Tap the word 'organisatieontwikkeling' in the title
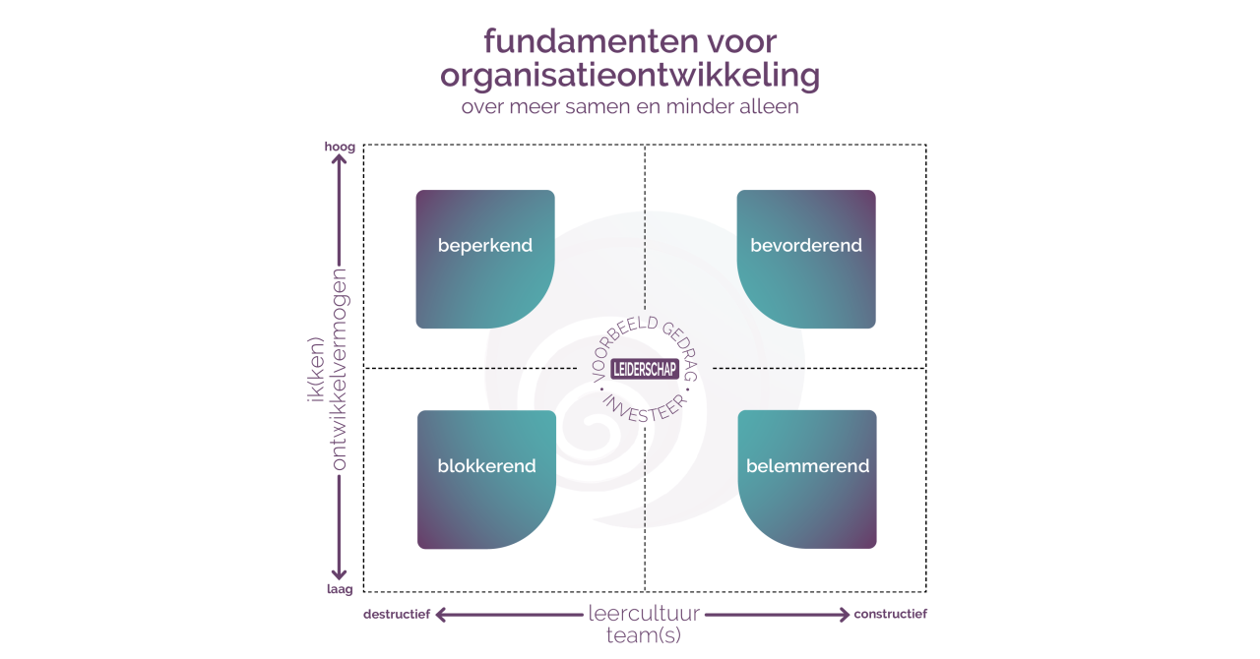630,76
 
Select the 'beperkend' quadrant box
485,260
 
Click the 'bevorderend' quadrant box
806,260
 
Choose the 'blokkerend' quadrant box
486,480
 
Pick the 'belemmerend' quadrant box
807,480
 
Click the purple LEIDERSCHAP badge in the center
645,370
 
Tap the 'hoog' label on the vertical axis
340,147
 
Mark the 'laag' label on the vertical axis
340,589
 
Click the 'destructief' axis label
397,614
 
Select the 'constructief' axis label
891,614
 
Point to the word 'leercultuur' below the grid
644,613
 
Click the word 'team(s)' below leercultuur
644,634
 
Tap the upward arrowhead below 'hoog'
339,159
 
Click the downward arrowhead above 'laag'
339,574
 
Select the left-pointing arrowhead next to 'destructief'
442,615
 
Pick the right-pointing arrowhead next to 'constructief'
845,615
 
